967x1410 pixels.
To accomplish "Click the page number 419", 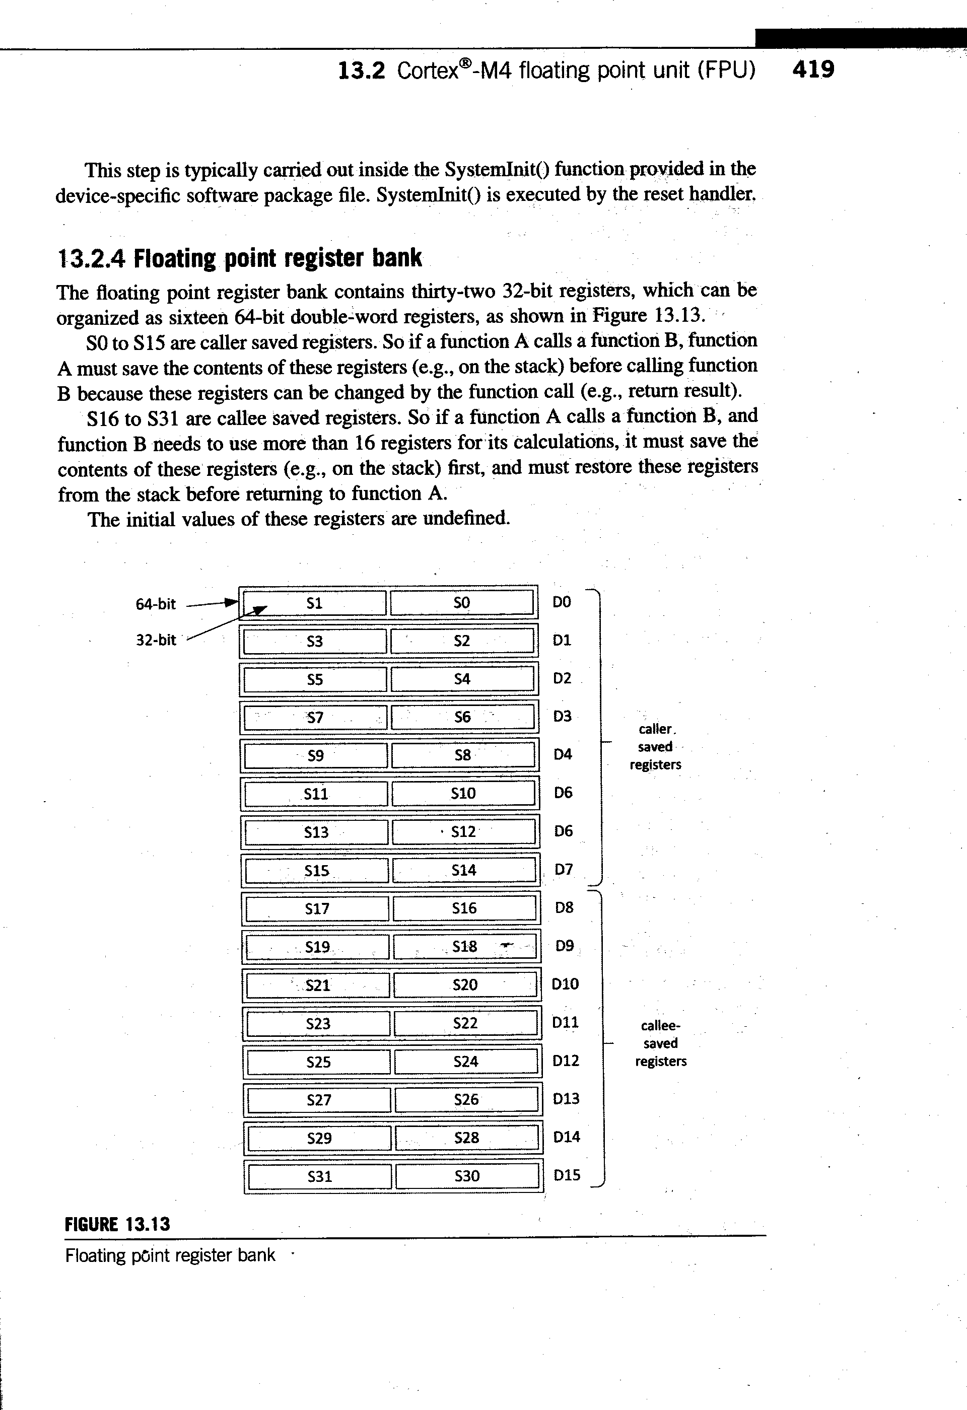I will (813, 69).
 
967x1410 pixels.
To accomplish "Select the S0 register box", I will (462, 602).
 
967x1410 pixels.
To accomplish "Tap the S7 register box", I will (315, 717).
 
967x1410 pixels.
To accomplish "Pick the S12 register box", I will (464, 831).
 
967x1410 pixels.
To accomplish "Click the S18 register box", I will (465, 947).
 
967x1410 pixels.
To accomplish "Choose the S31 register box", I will (320, 1176).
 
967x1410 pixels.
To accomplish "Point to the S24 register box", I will (466, 1061).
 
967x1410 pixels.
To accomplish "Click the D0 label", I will (562, 602).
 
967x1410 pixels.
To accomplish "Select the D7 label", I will (564, 870).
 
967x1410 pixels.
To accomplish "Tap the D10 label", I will (566, 984).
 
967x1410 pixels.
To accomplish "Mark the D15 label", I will (567, 1175).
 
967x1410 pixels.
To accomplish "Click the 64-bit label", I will (155, 604).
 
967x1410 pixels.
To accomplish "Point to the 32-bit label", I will (156, 640).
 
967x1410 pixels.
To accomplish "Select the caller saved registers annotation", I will (655, 747).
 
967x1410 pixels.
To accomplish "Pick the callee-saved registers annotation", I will (661, 1043).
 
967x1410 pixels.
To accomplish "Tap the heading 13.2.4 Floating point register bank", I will (239, 258).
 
